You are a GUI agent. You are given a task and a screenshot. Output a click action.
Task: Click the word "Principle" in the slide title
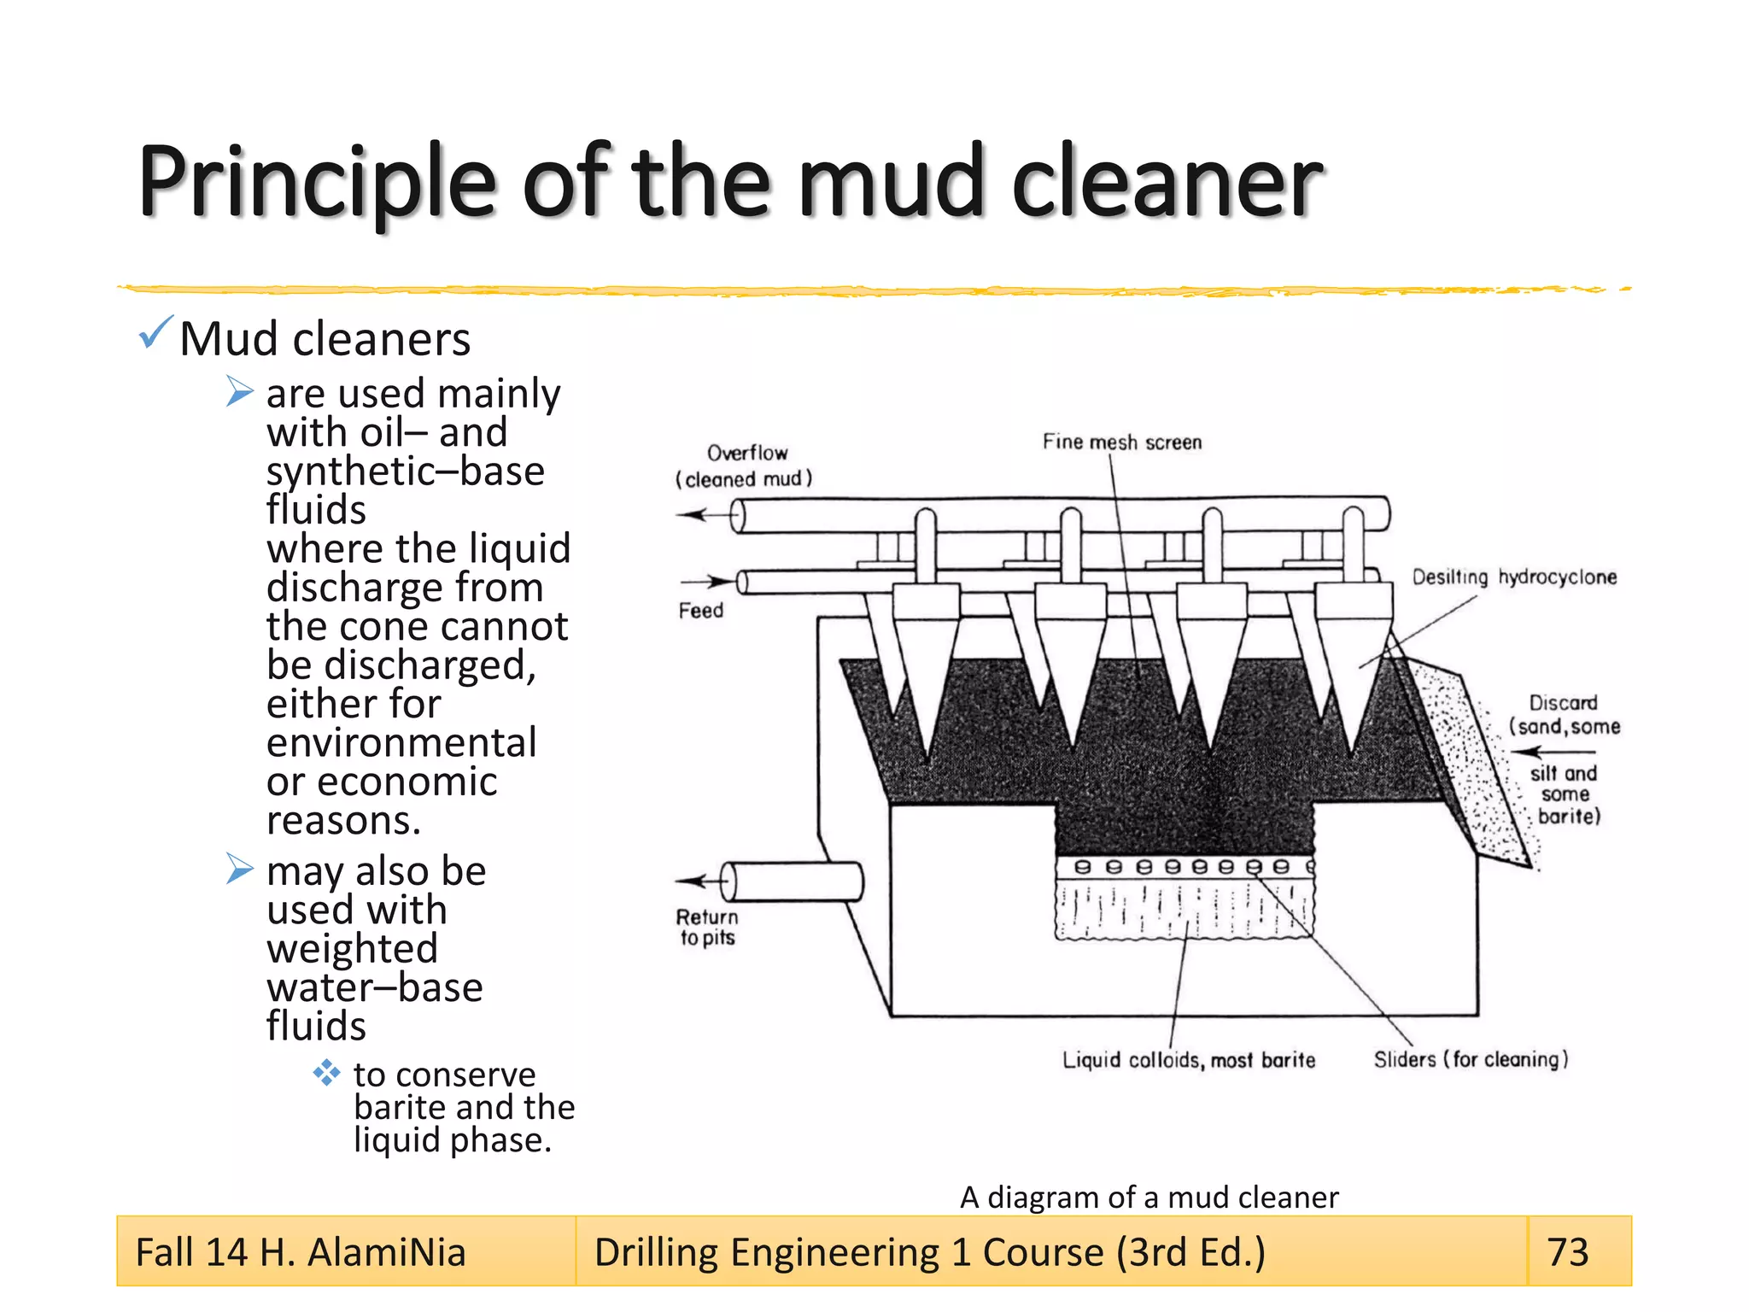[317, 181]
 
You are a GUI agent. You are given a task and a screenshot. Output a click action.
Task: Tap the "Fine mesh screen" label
[1121, 442]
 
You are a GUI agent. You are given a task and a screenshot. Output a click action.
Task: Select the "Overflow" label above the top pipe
[747, 453]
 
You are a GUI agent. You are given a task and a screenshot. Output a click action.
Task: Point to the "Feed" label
[701, 611]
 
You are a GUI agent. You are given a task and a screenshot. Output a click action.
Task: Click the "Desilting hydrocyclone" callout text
[1514, 577]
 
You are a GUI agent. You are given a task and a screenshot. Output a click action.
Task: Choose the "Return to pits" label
[707, 928]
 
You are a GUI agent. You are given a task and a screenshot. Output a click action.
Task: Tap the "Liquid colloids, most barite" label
[1189, 1060]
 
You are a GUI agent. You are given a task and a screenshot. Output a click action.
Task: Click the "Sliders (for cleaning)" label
[1471, 1059]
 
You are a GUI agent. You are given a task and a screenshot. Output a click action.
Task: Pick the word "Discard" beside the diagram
[1563, 703]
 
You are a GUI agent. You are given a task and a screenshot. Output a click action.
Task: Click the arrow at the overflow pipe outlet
[693, 514]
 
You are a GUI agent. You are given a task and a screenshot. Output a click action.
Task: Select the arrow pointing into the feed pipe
[718, 582]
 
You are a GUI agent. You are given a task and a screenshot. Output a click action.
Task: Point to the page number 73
[1568, 1252]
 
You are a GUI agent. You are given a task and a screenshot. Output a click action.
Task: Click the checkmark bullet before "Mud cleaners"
[155, 332]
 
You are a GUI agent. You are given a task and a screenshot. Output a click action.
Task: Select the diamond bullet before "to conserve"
[326, 1073]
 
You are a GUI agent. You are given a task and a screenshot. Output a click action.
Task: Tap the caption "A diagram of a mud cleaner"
[1149, 1198]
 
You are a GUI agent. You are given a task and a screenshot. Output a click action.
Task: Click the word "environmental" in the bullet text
[401, 742]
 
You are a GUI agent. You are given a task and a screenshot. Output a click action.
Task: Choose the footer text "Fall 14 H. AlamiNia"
[301, 1252]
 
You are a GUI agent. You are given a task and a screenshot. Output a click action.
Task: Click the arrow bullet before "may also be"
[240, 869]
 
